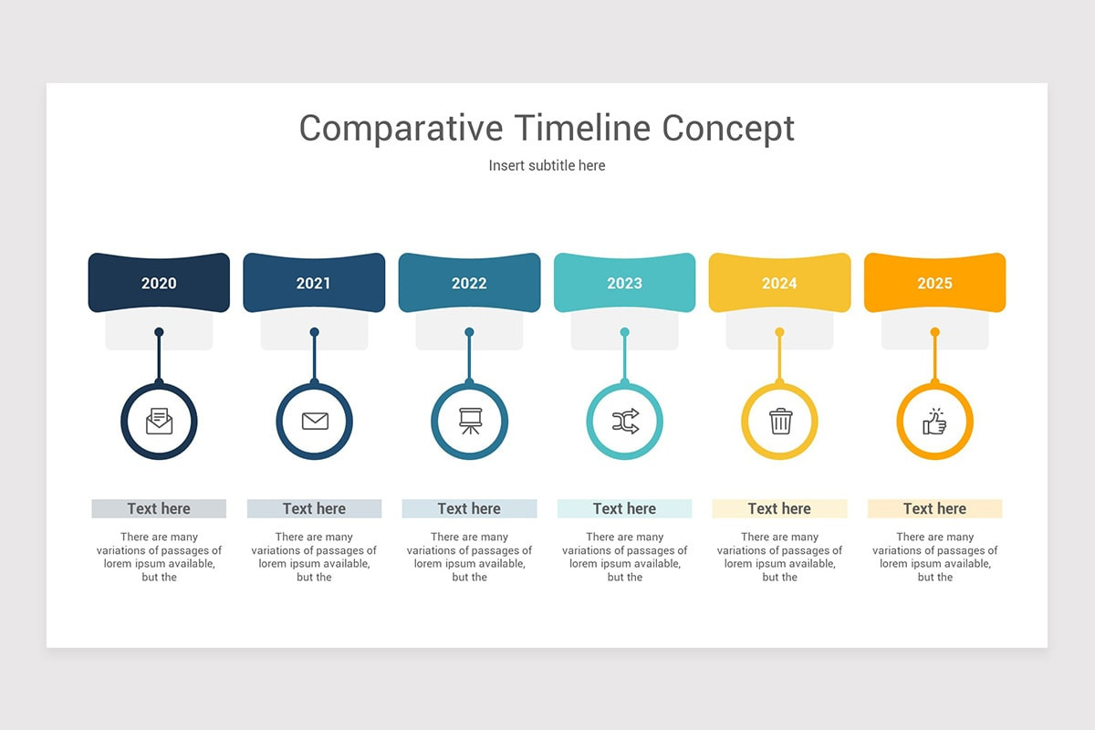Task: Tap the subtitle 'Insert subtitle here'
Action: tap(547, 165)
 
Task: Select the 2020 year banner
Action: tap(159, 283)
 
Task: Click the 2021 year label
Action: tap(314, 283)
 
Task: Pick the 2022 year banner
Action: tap(469, 283)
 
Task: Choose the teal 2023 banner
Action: tap(624, 283)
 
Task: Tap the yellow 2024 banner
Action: tap(779, 283)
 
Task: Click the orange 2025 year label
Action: tap(934, 283)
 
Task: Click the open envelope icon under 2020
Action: tap(159, 422)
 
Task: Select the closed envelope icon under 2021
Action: tap(314, 422)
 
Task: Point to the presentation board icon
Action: tap(469, 421)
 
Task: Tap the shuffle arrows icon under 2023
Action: tap(624, 422)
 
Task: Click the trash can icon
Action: tap(780, 422)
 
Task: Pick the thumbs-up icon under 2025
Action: tap(934, 422)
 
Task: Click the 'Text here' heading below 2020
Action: tap(159, 508)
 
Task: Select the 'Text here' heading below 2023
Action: tap(624, 508)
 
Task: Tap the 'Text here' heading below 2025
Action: tap(934, 508)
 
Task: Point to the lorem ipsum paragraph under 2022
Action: tap(469, 557)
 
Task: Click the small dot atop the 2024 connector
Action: tap(779, 332)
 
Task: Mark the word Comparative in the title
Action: tap(401, 128)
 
